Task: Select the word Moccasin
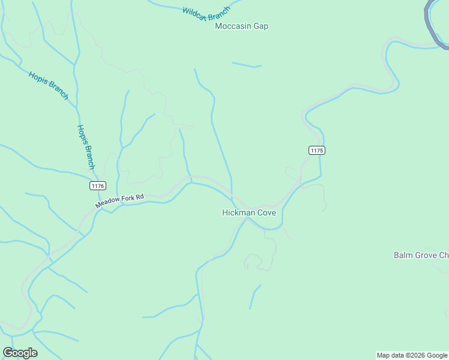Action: pos(234,26)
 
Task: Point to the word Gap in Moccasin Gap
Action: pos(261,26)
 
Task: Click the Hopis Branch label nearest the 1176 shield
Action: pos(86,147)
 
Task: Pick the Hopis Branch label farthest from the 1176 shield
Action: pos(49,85)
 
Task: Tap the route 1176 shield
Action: pos(98,186)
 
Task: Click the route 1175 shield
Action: pos(317,150)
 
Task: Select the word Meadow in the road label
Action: pos(107,203)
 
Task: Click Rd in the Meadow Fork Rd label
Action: pos(140,196)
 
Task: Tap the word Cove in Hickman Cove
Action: pos(266,212)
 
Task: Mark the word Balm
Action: pos(403,255)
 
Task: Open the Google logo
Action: pos(20,353)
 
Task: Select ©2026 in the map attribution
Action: pos(416,355)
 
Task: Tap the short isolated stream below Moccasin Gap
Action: pos(247,65)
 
